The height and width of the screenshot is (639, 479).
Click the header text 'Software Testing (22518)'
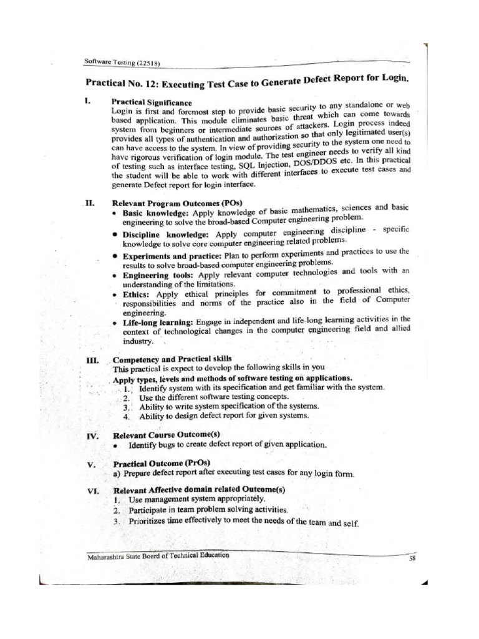(x=123, y=61)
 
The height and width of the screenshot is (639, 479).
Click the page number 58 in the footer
(x=412, y=559)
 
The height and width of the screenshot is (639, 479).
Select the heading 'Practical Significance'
(x=152, y=101)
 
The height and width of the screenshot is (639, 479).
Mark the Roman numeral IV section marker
(x=92, y=436)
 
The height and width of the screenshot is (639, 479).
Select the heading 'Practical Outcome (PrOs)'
(x=161, y=464)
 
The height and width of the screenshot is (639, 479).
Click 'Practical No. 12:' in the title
(x=123, y=83)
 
